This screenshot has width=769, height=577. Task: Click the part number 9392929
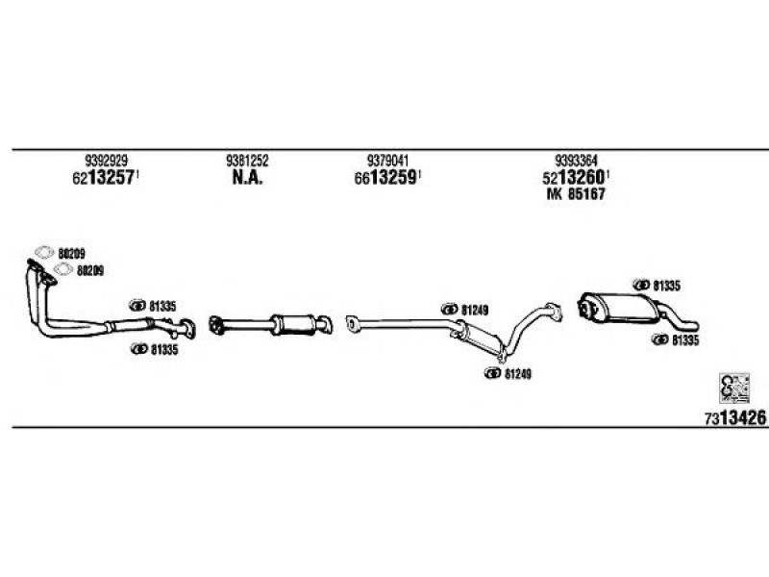(107, 161)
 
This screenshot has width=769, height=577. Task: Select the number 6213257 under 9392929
(104, 177)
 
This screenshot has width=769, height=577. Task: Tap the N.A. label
(247, 177)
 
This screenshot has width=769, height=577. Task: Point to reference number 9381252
(247, 161)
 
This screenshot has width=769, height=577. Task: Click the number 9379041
(387, 161)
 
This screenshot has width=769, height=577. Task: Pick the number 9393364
(576, 161)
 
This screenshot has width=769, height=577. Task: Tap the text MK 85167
(576, 194)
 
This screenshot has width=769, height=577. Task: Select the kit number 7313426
(735, 418)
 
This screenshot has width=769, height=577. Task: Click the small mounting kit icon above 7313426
(734, 388)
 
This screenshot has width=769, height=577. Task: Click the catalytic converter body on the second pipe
(294, 325)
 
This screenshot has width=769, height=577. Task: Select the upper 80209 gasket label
(71, 254)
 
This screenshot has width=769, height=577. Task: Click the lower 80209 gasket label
(90, 270)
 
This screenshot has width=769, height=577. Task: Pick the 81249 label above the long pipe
(475, 310)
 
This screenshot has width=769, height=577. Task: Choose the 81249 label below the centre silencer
(518, 374)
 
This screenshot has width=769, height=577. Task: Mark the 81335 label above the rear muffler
(666, 286)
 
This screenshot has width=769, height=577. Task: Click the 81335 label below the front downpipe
(164, 350)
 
